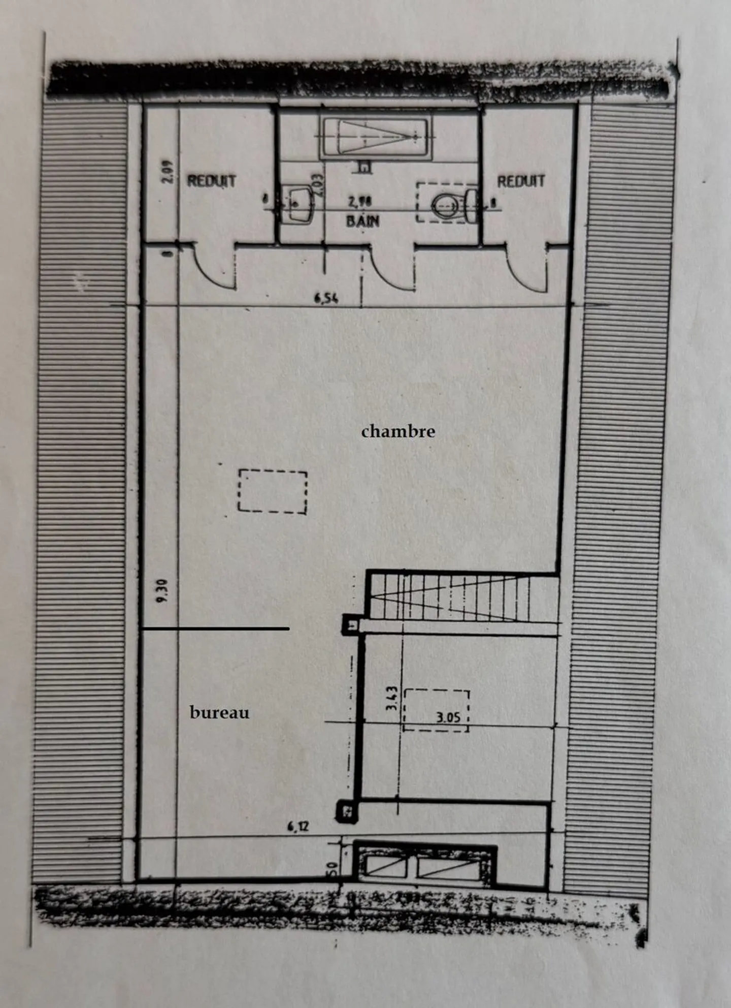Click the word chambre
point(398,431)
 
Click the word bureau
point(219,713)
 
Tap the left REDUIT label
point(211,181)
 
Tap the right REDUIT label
point(520,181)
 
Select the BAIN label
point(362,222)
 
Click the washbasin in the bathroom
point(298,203)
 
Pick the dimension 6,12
point(298,827)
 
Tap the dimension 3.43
point(392,700)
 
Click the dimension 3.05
point(448,717)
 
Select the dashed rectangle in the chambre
point(273,491)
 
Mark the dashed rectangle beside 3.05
point(436,710)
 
